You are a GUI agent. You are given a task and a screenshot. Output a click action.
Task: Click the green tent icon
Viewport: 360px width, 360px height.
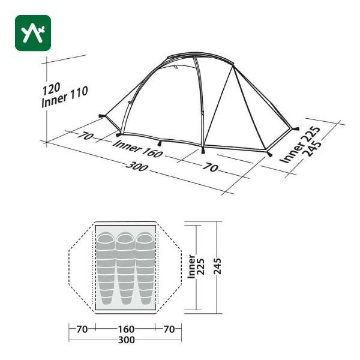[x=33, y=33]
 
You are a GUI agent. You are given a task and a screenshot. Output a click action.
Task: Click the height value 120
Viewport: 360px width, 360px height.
[x=51, y=88]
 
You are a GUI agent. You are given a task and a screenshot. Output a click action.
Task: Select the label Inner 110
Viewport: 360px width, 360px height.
[x=65, y=97]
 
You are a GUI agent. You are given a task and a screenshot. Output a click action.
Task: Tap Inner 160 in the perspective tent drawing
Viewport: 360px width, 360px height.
[x=138, y=149]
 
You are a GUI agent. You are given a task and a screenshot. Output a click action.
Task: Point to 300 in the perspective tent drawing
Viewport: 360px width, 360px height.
[x=137, y=167]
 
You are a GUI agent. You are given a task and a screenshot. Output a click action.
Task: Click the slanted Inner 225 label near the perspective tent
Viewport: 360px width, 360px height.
[x=299, y=145]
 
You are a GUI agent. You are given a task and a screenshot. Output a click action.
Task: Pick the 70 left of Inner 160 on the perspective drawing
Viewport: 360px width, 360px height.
[x=85, y=136]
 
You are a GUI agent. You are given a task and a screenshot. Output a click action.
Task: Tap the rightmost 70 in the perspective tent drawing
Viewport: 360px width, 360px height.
[x=210, y=167]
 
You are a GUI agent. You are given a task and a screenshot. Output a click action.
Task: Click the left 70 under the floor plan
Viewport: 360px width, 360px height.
[x=82, y=329]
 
